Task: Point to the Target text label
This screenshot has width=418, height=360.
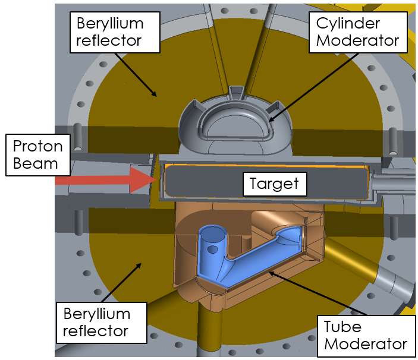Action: tap(275, 184)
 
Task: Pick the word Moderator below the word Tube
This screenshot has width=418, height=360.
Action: tap(365, 344)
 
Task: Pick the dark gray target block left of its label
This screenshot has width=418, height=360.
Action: tap(202, 184)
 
